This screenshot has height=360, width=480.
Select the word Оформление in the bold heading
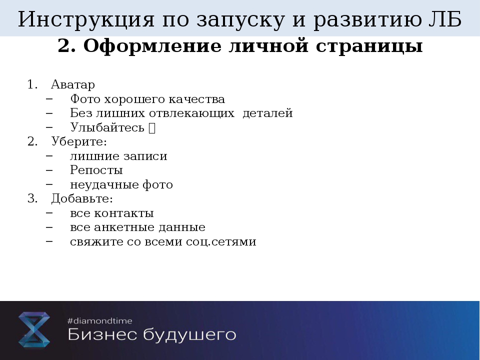pyautogui.click(x=152, y=46)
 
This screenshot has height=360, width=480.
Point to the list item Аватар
pyautogui.click(x=73, y=84)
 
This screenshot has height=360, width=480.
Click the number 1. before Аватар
pyautogui.click(x=32, y=84)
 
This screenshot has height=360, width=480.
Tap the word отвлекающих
pyautogui.click(x=191, y=113)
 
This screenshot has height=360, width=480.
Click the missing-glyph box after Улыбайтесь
pyautogui.click(x=152, y=128)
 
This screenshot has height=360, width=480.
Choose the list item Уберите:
pyautogui.click(x=79, y=141)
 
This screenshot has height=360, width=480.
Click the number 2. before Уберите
pyautogui.click(x=32, y=141)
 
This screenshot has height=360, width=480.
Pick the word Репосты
pyautogui.click(x=96, y=170)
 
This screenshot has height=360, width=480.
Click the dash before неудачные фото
pyautogui.click(x=49, y=184)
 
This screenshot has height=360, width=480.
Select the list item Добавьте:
pyautogui.click(x=82, y=198)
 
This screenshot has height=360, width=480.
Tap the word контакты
pyautogui.click(x=123, y=213)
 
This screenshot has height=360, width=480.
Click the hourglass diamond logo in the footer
pyautogui.click(x=34, y=329)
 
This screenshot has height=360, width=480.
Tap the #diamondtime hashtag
pyautogui.click(x=100, y=321)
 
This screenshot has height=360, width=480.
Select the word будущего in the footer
pyautogui.click(x=190, y=334)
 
